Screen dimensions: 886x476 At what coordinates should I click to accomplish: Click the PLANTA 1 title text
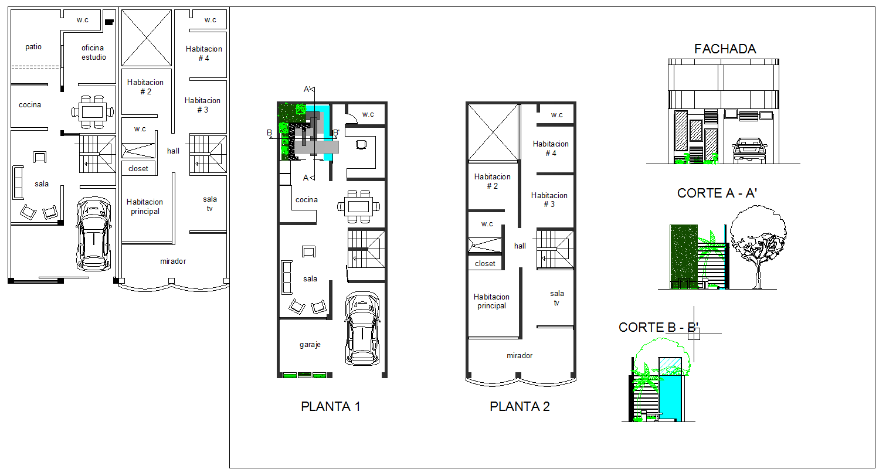pos(330,406)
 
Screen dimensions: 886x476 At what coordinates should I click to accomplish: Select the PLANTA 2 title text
pos(520,406)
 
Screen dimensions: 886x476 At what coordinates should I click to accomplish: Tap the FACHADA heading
pos(725,49)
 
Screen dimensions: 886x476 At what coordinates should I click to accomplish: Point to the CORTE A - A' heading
pos(717,193)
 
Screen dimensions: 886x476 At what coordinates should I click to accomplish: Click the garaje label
pos(310,345)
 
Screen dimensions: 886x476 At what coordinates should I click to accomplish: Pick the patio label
pos(33,47)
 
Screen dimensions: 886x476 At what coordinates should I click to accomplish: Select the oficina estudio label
pos(93,53)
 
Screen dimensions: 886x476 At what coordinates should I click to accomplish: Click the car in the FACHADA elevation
pos(749,151)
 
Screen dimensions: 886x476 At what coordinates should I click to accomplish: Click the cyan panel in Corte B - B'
pos(670,397)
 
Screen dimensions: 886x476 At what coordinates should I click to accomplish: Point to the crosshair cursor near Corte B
pos(694,334)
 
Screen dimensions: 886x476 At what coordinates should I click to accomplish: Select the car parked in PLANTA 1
pos(362,328)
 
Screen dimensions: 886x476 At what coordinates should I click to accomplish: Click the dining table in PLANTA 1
pos(358,206)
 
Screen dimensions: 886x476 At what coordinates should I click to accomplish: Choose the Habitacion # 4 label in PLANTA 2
pos(551,148)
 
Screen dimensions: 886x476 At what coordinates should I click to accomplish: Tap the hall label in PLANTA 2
pos(520,246)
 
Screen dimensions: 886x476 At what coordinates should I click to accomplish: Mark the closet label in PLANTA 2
pos(485,264)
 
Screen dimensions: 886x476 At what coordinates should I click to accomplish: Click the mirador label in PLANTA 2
pos(520,355)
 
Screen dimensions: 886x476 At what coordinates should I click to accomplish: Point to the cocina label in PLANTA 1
pos(307,200)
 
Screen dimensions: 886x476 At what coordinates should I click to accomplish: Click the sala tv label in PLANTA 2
pos(556,298)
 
